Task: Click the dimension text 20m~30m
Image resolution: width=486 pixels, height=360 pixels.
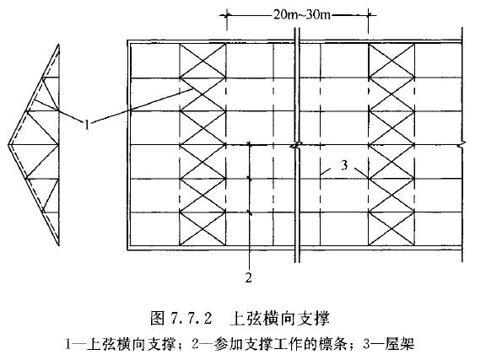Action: point(301,14)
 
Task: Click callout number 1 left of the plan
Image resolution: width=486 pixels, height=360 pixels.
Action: point(87,125)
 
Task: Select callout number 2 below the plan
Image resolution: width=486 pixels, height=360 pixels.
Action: point(249,277)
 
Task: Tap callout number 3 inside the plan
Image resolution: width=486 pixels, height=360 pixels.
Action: point(344,165)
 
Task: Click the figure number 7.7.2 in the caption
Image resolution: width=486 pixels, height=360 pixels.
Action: point(191,319)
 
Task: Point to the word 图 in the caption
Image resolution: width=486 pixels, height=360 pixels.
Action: point(157,318)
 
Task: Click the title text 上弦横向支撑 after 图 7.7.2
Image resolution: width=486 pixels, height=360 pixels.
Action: point(279,318)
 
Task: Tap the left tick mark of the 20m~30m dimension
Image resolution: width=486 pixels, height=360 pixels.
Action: point(227,15)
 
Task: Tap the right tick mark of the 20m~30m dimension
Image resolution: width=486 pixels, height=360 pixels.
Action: point(369,15)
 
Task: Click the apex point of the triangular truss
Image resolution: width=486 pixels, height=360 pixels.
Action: point(8,145)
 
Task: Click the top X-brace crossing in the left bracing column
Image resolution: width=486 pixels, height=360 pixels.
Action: point(202,61)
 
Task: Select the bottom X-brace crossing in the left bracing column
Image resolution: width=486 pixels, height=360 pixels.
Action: point(202,229)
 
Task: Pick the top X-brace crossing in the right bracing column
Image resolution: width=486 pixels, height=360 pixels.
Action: point(391,61)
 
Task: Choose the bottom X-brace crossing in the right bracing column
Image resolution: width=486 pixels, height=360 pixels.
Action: point(391,229)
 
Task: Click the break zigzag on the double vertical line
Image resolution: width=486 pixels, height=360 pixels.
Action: point(297,145)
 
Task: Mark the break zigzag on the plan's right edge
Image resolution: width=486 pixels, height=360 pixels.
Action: point(462,144)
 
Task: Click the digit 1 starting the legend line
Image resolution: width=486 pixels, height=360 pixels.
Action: point(68,344)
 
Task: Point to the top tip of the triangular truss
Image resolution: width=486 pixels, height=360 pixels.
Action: point(58,45)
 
